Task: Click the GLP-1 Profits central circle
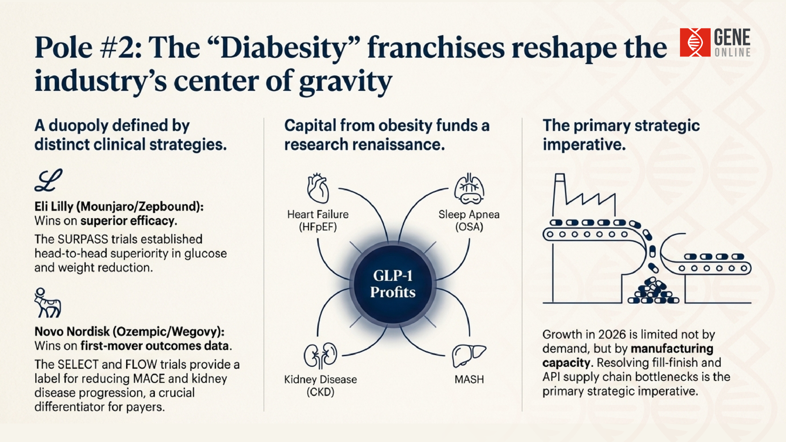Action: (x=393, y=284)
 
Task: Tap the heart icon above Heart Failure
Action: (x=318, y=189)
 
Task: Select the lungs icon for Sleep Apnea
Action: (x=469, y=189)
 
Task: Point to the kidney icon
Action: (x=320, y=355)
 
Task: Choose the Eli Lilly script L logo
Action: (x=48, y=180)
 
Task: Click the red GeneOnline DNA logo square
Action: (x=695, y=42)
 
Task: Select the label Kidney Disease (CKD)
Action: (x=321, y=386)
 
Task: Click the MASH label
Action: (x=469, y=379)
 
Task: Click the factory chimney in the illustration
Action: (x=560, y=192)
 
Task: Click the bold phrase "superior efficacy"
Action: (x=127, y=221)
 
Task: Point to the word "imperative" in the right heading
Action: (x=584, y=144)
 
